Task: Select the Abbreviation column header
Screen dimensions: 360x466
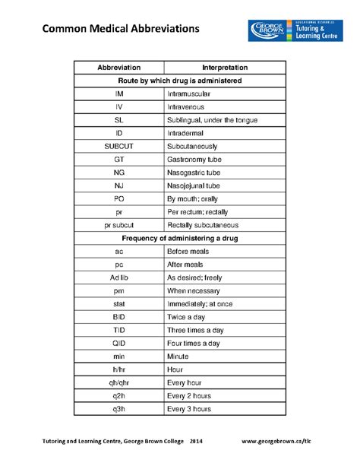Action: tap(119, 68)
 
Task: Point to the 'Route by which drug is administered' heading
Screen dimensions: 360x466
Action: tap(180, 80)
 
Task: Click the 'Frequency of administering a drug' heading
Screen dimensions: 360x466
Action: tap(180, 238)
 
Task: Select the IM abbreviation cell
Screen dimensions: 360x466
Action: tap(119, 93)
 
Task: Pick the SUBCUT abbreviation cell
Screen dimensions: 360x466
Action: tap(119, 146)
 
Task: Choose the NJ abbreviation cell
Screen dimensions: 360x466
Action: tap(119, 185)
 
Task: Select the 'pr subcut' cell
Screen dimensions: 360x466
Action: tap(119, 225)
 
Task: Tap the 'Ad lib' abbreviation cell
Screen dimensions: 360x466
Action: tap(119, 277)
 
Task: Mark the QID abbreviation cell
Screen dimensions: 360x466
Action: tap(119, 344)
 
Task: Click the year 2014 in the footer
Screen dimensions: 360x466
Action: tap(196, 441)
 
